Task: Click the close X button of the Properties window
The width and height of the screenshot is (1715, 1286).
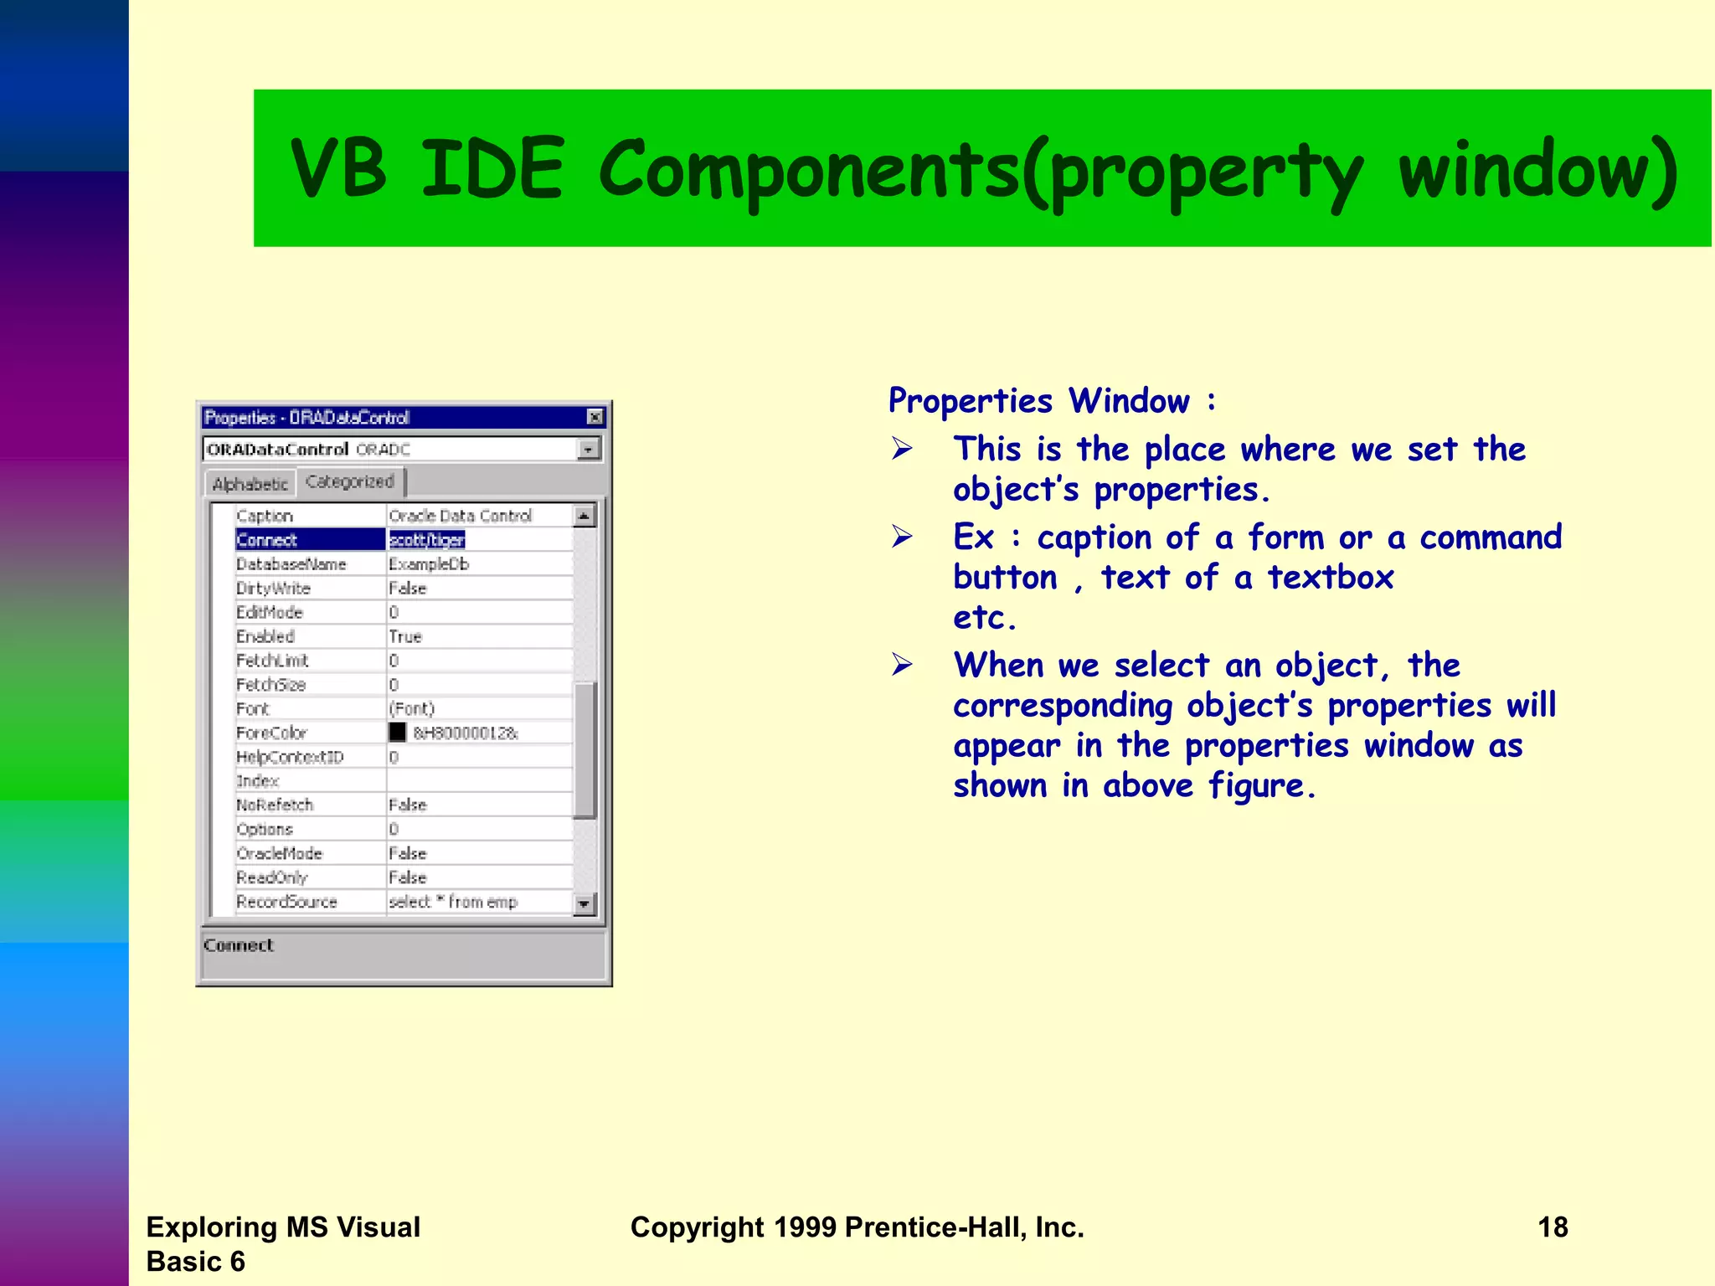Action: click(595, 417)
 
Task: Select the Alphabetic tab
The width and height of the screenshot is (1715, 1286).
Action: click(250, 484)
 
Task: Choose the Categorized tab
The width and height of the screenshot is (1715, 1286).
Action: click(349, 481)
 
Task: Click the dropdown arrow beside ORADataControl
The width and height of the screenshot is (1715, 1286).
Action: click(589, 450)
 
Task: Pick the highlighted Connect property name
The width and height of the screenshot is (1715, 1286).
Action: click(267, 540)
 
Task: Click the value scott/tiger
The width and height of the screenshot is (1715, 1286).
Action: click(426, 540)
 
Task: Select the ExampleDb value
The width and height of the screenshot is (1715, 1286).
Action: click(429, 564)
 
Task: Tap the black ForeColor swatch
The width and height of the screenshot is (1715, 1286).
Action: click(398, 733)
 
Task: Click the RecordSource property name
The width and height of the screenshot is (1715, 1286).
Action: click(286, 902)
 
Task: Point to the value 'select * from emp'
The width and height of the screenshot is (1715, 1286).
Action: click(453, 902)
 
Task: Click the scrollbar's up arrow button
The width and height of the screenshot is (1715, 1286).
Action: click(584, 516)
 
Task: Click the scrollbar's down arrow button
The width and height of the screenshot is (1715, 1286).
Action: click(584, 903)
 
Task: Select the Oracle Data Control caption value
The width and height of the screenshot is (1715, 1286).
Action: click(460, 516)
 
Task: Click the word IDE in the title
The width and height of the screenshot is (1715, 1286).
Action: click(492, 169)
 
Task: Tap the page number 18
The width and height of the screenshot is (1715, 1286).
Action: click(1553, 1227)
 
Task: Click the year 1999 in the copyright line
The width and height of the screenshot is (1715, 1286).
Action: click(804, 1227)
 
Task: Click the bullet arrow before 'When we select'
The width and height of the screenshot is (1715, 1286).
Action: click(902, 666)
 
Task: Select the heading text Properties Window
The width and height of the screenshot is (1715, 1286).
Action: click(1038, 401)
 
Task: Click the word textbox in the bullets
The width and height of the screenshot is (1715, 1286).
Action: click(1330, 578)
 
